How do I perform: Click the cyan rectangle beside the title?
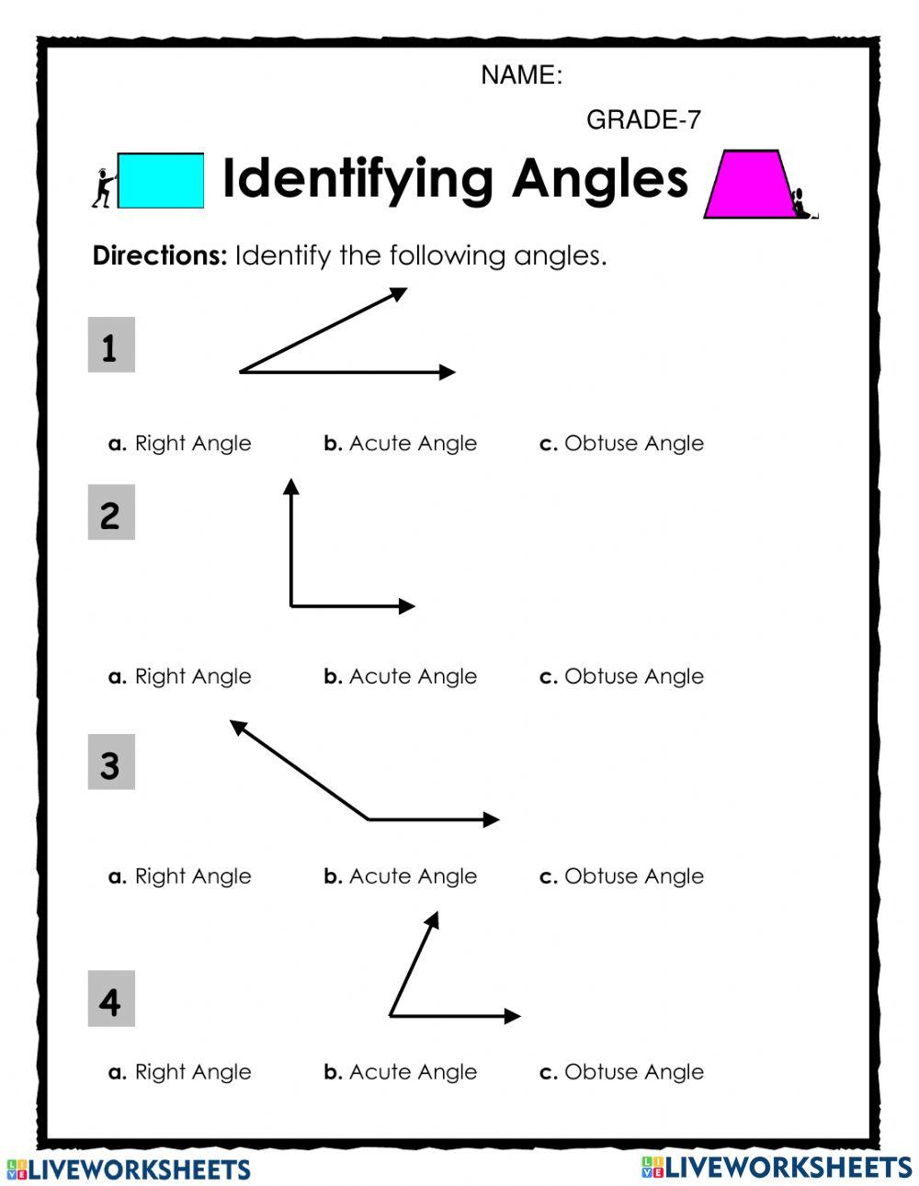[x=161, y=180]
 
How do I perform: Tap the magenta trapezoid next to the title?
[x=748, y=185]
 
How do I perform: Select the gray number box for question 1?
[x=111, y=345]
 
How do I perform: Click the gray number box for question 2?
[x=111, y=512]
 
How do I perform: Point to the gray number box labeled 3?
[x=111, y=762]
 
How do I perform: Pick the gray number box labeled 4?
[x=111, y=999]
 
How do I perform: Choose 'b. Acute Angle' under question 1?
[x=401, y=444]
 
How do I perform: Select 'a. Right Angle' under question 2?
[x=180, y=677]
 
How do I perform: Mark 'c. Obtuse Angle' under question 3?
[x=621, y=876]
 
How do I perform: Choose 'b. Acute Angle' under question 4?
[x=401, y=1072]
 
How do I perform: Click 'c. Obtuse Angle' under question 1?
[x=621, y=444]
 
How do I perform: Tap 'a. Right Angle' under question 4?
[x=180, y=1072]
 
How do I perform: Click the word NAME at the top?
[x=520, y=75]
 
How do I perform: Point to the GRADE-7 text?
[x=643, y=119]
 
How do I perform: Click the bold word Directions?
[x=159, y=255]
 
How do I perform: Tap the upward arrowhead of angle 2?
[x=291, y=486]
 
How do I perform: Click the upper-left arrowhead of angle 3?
[x=237, y=727]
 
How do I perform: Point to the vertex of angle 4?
[x=391, y=1015]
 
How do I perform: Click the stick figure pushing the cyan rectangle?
[x=103, y=187]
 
